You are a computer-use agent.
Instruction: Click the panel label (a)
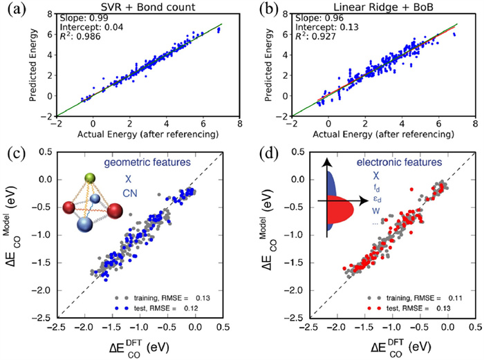[11, 9]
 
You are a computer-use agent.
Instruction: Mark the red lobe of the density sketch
[344, 207]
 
